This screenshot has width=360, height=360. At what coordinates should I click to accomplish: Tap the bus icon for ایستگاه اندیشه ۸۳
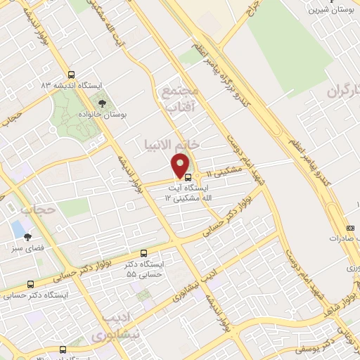pyautogui.click(x=70, y=75)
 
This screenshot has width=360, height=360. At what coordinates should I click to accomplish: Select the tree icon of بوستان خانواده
pyautogui.click(x=103, y=103)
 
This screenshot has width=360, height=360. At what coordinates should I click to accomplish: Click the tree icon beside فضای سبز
pyautogui.click(x=27, y=237)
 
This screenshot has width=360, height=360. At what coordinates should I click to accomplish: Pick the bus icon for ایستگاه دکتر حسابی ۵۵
pyautogui.click(x=144, y=252)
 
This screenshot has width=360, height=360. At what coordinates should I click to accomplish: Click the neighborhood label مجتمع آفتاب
pyautogui.click(x=181, y=100)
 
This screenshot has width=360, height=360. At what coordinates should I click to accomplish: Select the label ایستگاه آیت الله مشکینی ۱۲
pyautogui.click(x=187, y=193)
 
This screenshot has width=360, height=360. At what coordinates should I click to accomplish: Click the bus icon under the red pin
pyautogui.click(x=187, y=176)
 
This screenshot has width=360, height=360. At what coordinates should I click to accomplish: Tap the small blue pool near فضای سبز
pyautogui.click(x=17, y=228)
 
